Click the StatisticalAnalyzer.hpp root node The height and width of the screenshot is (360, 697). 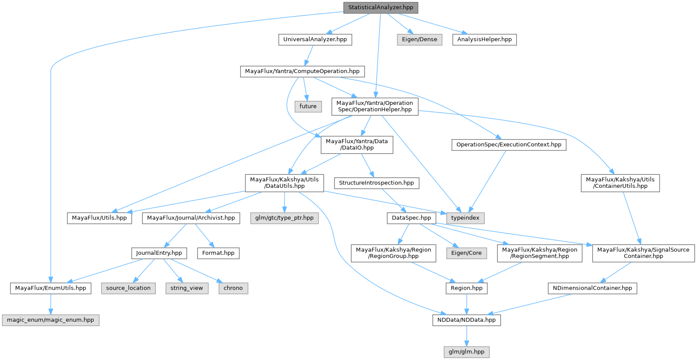pyautogui.click(x=380, y=7)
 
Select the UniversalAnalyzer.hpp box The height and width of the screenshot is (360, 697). pyautogui.click(x=315, y=40)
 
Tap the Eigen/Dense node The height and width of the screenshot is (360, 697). pyautogui.click(x=419, y=40)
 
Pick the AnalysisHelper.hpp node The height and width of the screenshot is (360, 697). pyautogui.click(x=484, y=40)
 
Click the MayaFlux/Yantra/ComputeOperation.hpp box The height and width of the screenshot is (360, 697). pyautogui.click(x=302, y=71)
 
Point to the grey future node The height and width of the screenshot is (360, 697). pyautogui.click(x=308, y=107)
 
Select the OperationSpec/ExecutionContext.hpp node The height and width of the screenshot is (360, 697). pyautogui.click(x=509, y=145)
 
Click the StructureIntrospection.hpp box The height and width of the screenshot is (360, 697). pyautogui.click(x=376, y=183)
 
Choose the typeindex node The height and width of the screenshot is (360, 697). pyautogui.click(x=465, y=218)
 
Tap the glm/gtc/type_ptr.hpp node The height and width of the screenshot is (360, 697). pyautogui.click(x=284, y=218)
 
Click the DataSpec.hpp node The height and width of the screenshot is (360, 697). pyautogui.click(x=411, y=218)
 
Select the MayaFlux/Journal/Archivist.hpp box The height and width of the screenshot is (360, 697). pyautogui.click(x=191, y=218)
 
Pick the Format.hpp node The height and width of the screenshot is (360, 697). pyautogui.click(x=218, y=253)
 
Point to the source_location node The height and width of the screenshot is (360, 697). pyautogui.click(x=128, y=288)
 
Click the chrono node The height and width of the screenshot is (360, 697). pyautogui.click(x=233, y=288)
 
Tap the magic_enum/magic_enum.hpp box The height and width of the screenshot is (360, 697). pyautogui.click(x=50, y=320)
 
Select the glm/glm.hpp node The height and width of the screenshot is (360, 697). pyautogui.click(x=466, y=352)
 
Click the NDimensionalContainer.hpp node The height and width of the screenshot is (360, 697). pyautogui.click(x=592, y=288)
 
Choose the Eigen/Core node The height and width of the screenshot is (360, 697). pyautogui.click(x=466, y=253)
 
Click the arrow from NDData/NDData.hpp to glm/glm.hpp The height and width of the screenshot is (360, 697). pyautogui.click(x=466, y=336)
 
